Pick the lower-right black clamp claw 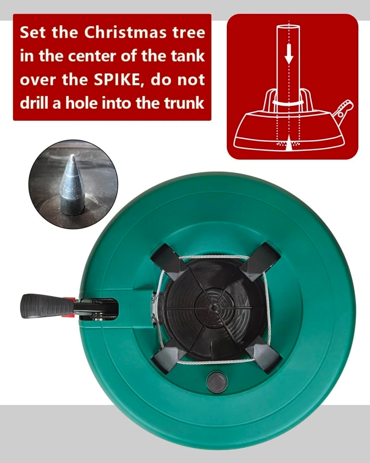click(263, 355)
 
